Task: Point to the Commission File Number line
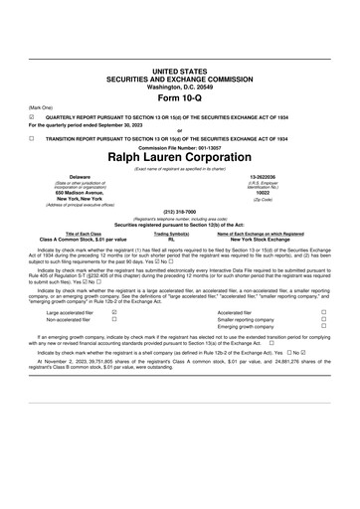[180, 147]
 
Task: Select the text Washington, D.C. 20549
[180, 86]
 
